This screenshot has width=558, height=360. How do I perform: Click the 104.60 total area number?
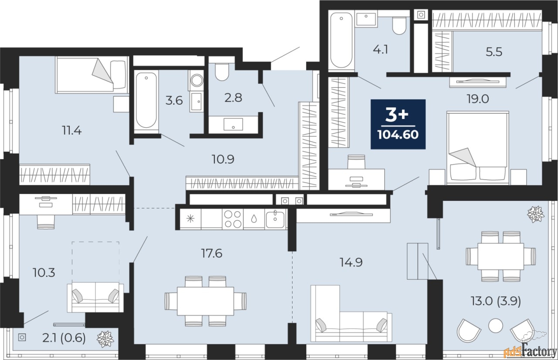click(x=398, y=135)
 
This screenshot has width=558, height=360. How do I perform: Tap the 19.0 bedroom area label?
click(x=478, y=99)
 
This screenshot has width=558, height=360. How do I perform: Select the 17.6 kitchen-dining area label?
click(x=211, y=254)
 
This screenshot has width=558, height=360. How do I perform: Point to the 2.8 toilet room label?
click(x=233, y=98)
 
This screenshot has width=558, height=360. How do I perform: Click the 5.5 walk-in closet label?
click(x=494, y=52)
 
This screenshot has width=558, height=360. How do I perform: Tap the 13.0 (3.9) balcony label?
click(x=496, y=302)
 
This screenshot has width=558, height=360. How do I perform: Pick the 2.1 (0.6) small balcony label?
click(x=64, y=338)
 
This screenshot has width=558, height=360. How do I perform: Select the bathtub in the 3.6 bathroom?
click(x=146, y=101)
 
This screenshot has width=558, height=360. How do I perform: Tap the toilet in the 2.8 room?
click(x=222, y=72)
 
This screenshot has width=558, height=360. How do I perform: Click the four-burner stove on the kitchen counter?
click(x=233, y=219)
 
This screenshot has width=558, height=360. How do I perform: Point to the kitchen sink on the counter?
click(x=275, y=219)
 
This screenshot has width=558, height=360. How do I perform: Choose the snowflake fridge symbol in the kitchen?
click(x=191, y=219)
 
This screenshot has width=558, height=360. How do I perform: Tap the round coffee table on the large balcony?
click(x=496, y=326)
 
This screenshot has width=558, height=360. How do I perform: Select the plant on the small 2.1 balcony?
click(x=105, y=339)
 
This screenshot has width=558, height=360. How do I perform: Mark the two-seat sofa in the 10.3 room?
click(x=95, y=297)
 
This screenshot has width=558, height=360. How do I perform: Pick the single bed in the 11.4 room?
click(x=92, y=75)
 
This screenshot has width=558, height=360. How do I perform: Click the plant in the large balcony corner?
click(x=536, y=214)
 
